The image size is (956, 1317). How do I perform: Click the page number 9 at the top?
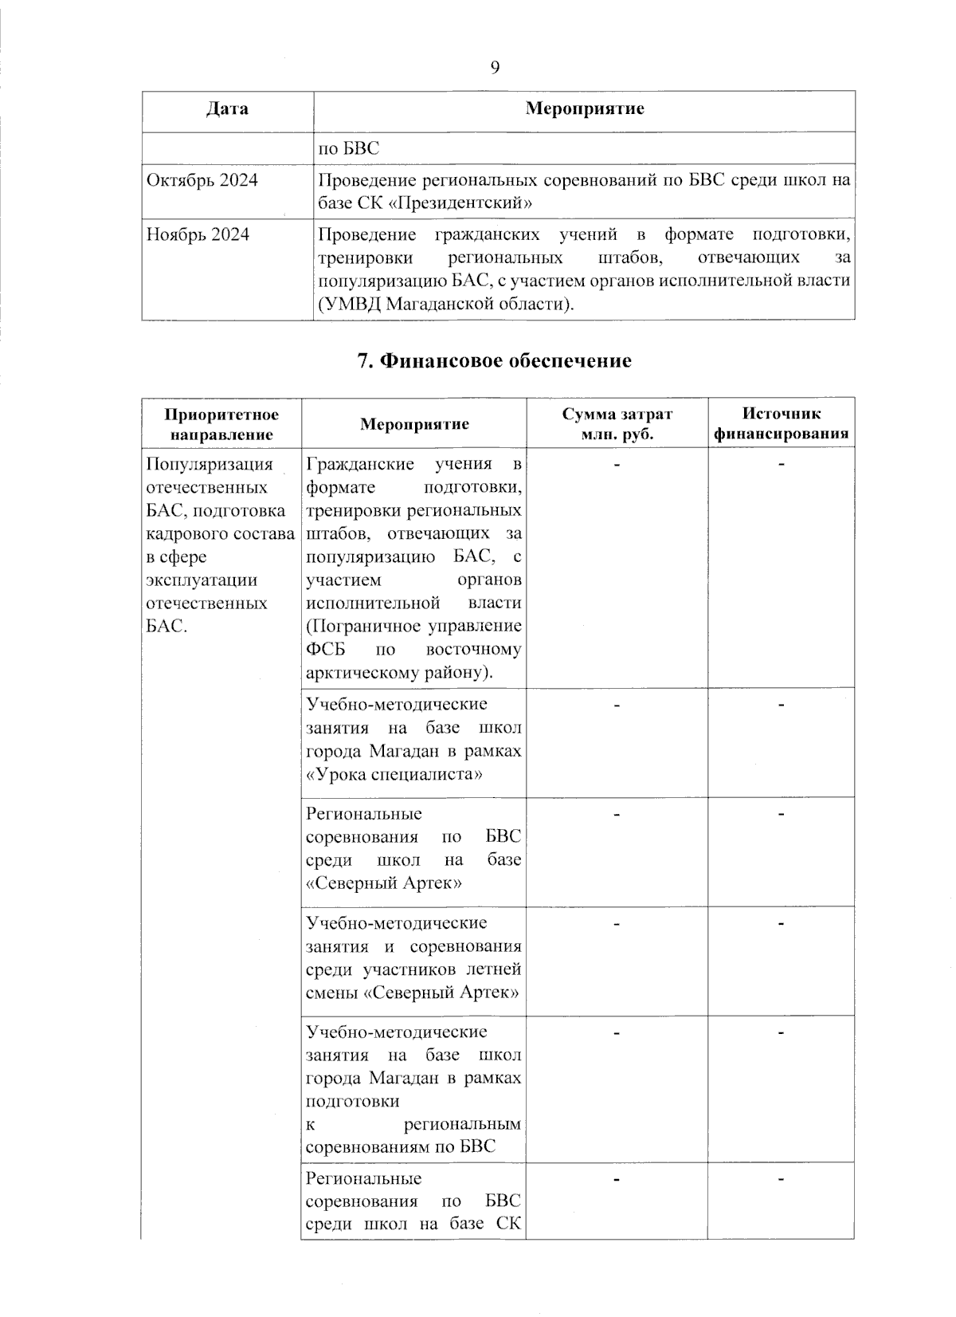click(495, 68)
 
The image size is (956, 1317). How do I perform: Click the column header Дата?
click(227, 109)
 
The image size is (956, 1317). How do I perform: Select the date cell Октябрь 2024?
click(202, 180)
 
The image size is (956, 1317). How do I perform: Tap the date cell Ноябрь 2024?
click(198, 234)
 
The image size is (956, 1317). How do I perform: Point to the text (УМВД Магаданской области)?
click(446, 305)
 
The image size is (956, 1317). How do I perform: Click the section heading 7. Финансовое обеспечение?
click(494, 361)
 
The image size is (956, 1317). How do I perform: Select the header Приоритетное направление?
click(221, 424)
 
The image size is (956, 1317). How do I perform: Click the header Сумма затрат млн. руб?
click(617, 424)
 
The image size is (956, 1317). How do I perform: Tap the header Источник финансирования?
click(781, 424)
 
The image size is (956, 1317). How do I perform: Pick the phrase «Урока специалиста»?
click(394, 774)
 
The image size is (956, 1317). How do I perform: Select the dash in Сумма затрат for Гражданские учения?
click(617, 464)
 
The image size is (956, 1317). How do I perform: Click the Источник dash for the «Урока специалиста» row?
click(781, 704)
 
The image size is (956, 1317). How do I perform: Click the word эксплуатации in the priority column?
click(202, 580)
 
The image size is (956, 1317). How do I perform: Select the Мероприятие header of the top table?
click(584, 109)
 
